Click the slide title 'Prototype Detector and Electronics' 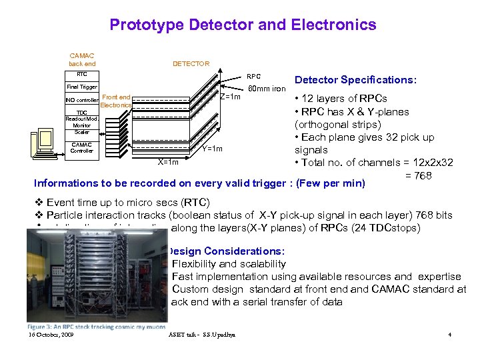point(243,25)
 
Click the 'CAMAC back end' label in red point(82,60)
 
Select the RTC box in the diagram point(81,75)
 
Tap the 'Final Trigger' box point(81,87)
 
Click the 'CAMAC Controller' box point(81,147)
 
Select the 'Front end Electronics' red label point(117,101)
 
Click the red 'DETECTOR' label point(191,64)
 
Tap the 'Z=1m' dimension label point(230,97)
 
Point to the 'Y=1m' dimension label point(212,149)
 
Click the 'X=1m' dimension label point(168,162)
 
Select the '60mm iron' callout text point(267,88)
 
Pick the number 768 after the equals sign point(423,176)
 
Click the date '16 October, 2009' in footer point(51,334)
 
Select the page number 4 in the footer point(450,334)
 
